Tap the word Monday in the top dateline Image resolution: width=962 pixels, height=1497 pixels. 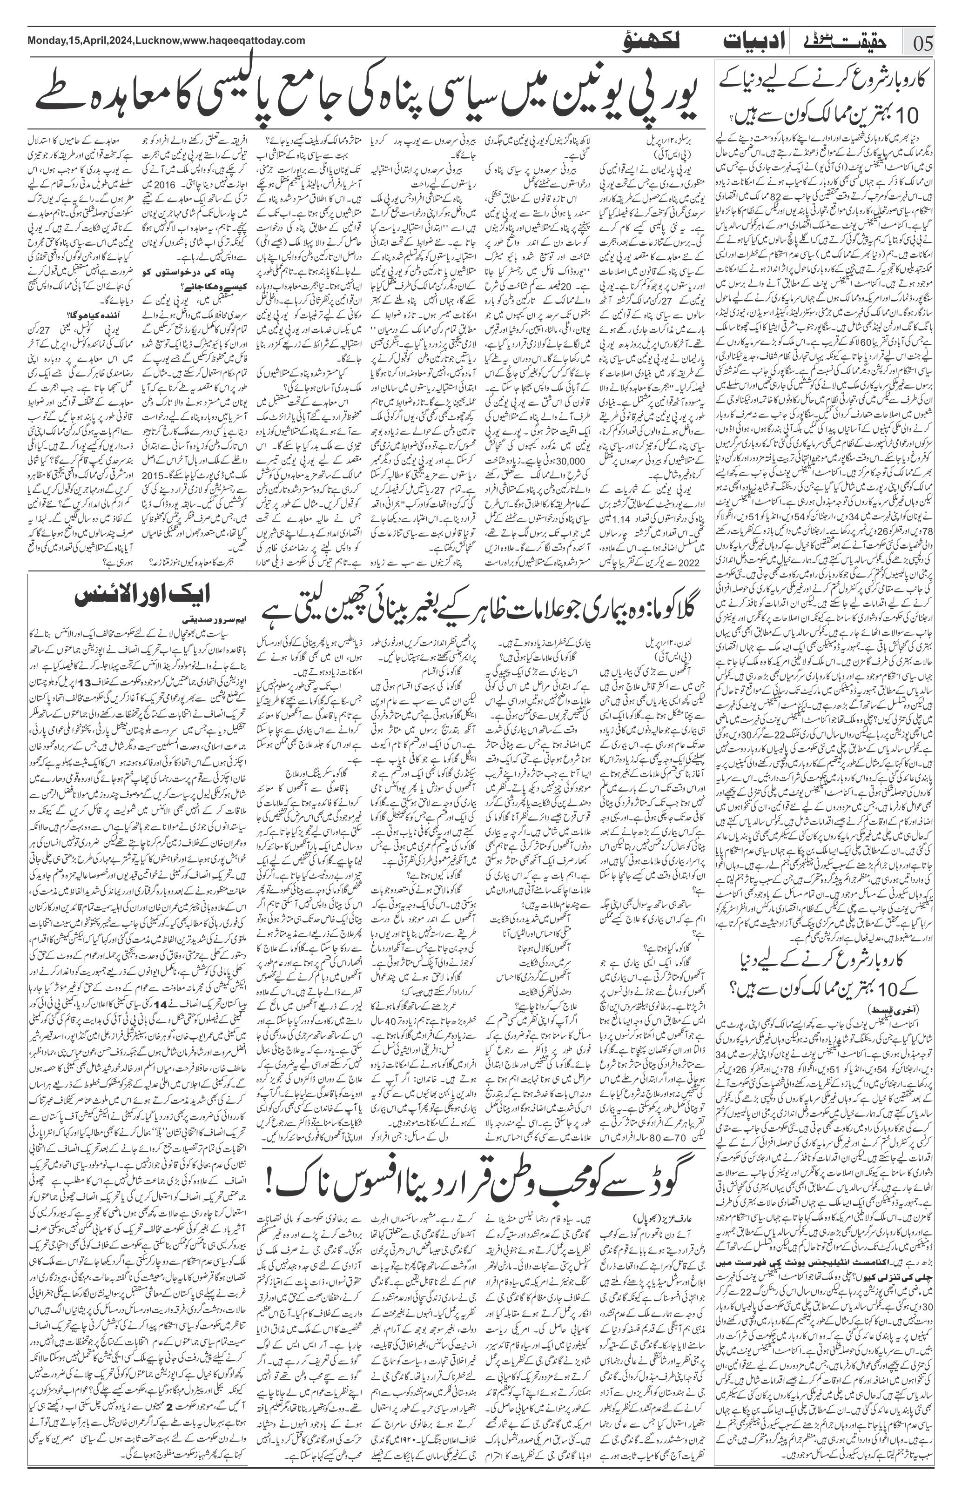pos(47,40)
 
